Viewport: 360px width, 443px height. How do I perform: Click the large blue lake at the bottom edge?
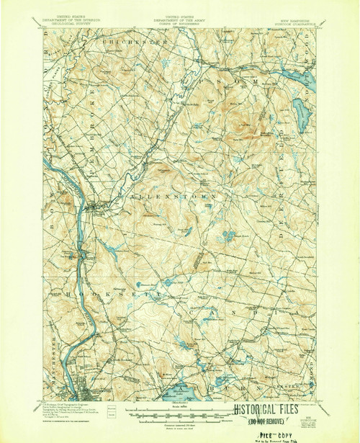point(179,390)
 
